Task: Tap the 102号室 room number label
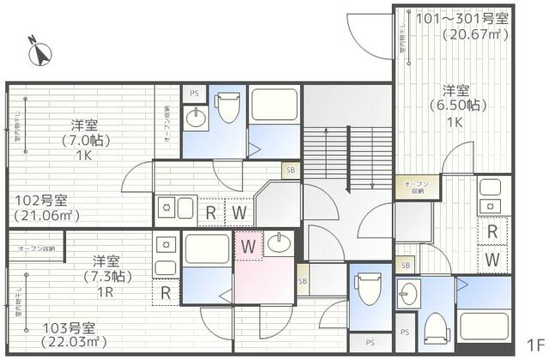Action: click(42, 200)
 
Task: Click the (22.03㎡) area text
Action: click(71, 343)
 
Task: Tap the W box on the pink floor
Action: click(249, 247)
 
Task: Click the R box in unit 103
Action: click(166, 293)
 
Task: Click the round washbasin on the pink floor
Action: click(278, 243)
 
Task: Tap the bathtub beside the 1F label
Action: click(486, 325)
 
